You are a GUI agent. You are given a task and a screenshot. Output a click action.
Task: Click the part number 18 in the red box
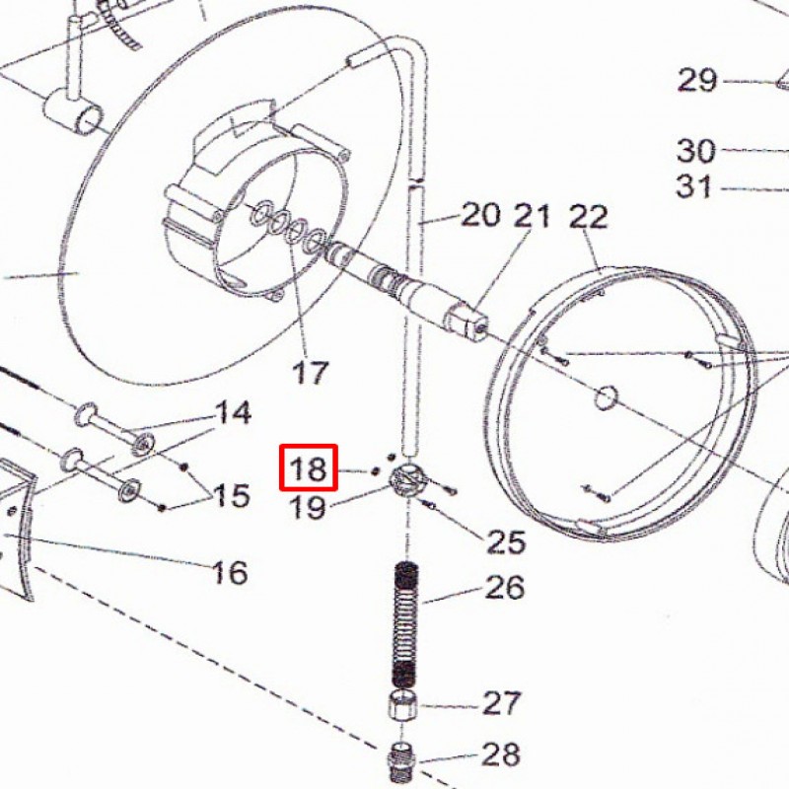point(309,467)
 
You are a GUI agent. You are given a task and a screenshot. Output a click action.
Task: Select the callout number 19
point(309,508)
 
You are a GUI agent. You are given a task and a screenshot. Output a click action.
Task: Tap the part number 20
point(481,214)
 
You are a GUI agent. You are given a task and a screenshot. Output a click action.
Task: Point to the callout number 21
point(532,214)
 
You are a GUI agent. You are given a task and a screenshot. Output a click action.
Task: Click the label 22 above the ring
point(589,217)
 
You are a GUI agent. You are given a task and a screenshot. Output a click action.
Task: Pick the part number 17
point(310,374)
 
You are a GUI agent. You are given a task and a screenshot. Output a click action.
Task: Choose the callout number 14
point(234,412)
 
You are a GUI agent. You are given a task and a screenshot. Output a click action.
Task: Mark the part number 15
point(232,495)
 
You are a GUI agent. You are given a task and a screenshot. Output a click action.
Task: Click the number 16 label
point(230,572)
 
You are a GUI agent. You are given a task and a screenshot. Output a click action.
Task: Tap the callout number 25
point(504,541)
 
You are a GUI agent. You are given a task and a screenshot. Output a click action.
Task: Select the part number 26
point(503,589)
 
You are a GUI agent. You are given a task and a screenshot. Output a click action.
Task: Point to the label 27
point(501,703)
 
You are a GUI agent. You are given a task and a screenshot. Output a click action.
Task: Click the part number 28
point(501,755)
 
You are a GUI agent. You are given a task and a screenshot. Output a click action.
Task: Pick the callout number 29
point(697,80)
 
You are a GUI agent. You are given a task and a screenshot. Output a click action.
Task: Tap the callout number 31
point(694,185)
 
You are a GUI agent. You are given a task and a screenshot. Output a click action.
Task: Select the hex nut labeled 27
point(401,707)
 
